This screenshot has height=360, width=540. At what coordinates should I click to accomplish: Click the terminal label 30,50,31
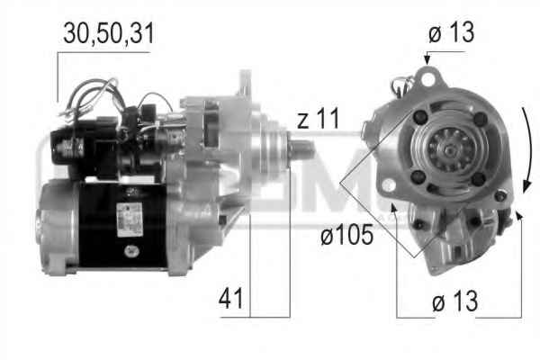click(x=109, y=34)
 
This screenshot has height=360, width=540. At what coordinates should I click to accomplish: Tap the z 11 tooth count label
click(x=319, y=118)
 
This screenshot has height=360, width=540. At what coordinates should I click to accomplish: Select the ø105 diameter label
click(x=346, y=235)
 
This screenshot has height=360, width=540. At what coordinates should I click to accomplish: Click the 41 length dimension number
click(x=230, y=298)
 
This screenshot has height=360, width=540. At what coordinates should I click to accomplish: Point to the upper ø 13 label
click(x=451, y=32)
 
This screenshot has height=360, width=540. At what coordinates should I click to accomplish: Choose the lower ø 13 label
click(x=454, y=301)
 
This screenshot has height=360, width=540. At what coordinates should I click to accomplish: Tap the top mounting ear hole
click(x=428, y=79)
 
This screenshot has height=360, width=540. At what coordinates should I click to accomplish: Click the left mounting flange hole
click(x=389, y=184)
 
